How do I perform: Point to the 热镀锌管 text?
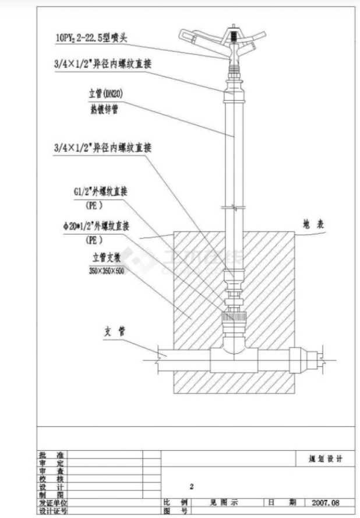point(103,109)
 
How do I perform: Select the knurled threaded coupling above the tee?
point(234,320)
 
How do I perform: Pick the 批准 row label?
point(52,454)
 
